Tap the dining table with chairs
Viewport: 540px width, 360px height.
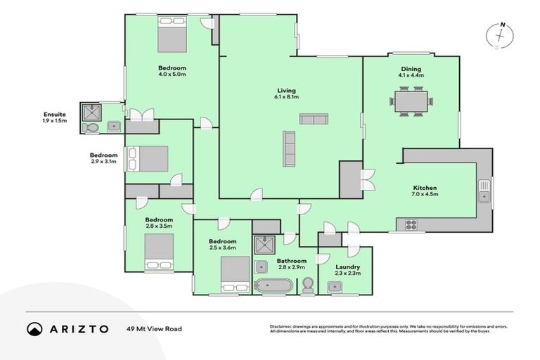point(411,102)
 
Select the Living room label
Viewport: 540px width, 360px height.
point(286,91)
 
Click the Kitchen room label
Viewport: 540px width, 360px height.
point(425,188)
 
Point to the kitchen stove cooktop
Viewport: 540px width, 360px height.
point(411,225)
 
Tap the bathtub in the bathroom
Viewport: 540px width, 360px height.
point(271,286)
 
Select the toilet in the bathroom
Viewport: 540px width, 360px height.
point(307,285)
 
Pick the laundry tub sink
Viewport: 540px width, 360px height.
point(335,286)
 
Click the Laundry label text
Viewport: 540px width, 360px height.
point(347,267)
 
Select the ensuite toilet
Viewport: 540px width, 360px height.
point(91,128)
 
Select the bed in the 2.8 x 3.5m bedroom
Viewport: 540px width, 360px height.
point(158,252)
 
